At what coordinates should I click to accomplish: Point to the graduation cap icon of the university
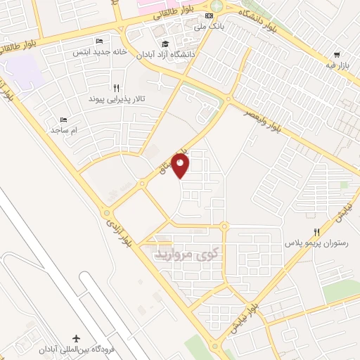pyautogui.click(x=156, y=41)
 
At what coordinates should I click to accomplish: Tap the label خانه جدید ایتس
pyautogui.click(x=98, y=51)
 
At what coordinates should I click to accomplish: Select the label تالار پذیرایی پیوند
pyautogui.click(x=117, y=100)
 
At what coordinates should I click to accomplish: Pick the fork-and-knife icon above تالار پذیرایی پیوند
pyautogui.click(x=125, y=89)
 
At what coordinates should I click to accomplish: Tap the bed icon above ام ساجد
pyautogui.click(x=63, y=120)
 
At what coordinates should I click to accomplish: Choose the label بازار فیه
pyautogui.click(x=337, y=65)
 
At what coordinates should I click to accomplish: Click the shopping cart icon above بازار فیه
pyautogui.click(x=337, y=55)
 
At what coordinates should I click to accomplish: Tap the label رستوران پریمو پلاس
pyautogui.click(x=316, y=243)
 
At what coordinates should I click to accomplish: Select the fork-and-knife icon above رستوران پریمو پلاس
pyautogui.click(x=317, y=232)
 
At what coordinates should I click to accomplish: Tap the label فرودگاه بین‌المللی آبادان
pyautogui.click(x=76, y=351)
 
